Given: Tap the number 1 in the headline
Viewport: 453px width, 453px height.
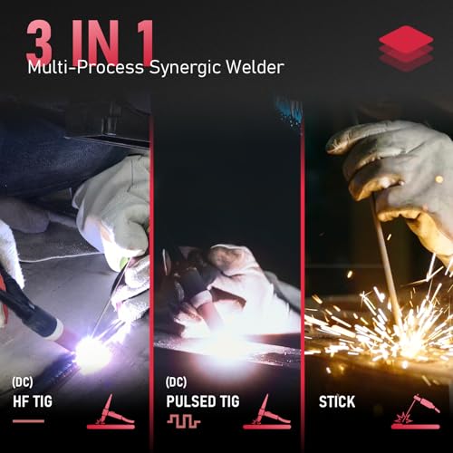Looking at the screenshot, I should [136, 42].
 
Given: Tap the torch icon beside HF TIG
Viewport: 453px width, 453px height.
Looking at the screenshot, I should [111, 412].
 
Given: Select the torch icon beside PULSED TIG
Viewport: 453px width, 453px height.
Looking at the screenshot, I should [266, 412].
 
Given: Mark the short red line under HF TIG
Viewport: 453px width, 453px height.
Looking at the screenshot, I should [28, 421].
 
